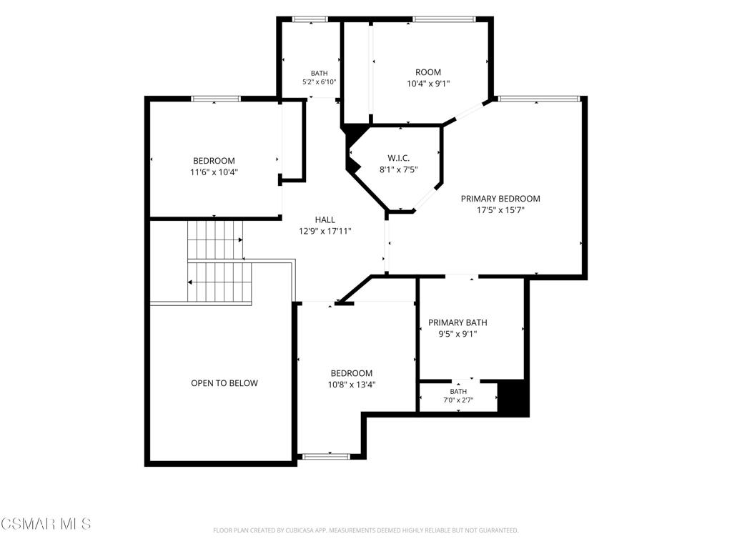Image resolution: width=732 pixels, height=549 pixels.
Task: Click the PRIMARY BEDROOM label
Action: click(500, 199)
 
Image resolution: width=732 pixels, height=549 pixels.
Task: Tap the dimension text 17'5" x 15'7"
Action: click(500, 210)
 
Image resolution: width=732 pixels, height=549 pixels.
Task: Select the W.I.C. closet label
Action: click(399, 158)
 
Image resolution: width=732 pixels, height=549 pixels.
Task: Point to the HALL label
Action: click(325, 219)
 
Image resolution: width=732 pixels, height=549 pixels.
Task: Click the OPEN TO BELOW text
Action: click(224, 383)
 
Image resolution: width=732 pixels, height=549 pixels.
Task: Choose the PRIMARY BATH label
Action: click(457, 322)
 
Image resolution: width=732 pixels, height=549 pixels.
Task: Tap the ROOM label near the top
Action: click(428, 72)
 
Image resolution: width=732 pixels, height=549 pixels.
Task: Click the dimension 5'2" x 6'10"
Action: click(320, 82)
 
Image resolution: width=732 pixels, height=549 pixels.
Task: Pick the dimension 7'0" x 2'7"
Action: click(458, 400)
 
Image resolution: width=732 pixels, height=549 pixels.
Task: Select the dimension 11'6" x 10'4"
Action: click(214, 172)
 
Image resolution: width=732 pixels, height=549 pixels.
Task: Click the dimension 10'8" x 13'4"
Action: click(352, 385)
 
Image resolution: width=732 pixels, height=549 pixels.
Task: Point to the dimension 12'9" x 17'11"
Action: click(325, 231)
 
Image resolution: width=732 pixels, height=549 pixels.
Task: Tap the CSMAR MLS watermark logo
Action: click(46, 524)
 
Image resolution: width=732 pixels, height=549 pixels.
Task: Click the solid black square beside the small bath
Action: click(513, 397)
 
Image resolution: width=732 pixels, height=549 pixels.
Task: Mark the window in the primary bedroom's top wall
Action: click(538, 99)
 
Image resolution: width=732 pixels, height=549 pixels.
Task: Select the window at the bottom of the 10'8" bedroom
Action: click(326, 456)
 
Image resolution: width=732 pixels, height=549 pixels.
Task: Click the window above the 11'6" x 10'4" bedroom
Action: click(216, 99)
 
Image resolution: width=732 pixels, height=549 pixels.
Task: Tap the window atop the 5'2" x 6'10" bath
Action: click(310, 19)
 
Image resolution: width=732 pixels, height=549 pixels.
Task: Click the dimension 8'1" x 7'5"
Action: click(399, 170)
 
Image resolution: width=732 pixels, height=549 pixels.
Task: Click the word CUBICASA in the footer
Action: click(302, 530)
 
